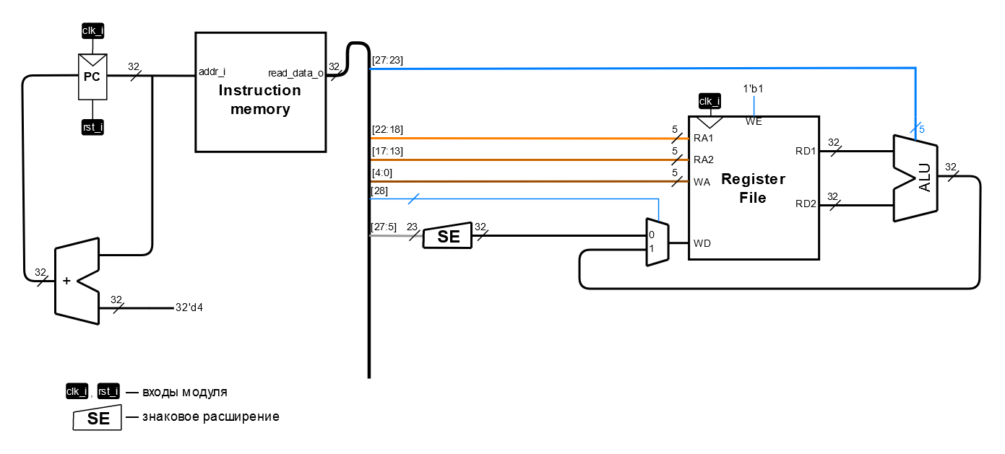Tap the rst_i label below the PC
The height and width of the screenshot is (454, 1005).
(92, 128)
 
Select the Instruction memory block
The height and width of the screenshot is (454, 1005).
(260, 92)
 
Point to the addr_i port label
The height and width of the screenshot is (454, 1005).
(212, 71)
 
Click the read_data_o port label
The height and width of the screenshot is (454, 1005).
(296, 72)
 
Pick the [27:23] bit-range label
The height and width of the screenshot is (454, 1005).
(387, 61)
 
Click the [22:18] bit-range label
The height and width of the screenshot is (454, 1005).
(387, 129)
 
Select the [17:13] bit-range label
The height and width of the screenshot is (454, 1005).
(387, 151)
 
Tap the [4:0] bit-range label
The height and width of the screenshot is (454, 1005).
(383, 173)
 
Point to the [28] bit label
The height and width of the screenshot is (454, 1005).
(379, 191)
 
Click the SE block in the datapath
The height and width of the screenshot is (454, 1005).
(447, 235)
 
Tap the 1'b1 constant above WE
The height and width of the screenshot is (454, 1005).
(754, 89)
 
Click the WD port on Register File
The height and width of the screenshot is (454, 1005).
(702, 243)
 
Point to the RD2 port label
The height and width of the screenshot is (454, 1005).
(806, 204)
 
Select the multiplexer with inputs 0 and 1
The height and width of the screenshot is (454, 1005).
(657, 243)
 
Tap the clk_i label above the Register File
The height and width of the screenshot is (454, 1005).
(709, 100)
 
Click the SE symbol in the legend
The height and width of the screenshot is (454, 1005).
(98, 418)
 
